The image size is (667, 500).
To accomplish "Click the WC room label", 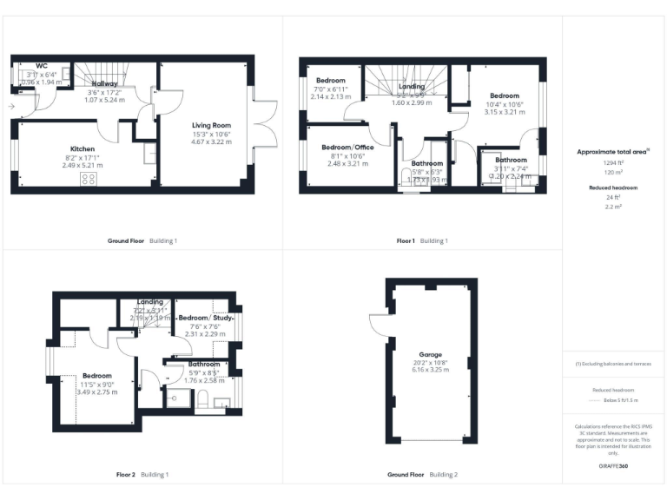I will click(x=41, y=65).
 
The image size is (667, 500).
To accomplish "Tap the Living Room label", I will click(x=211, y=126).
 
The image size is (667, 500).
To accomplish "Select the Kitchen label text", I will click(x=83, y=148).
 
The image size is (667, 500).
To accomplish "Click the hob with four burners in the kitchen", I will click(x=89, y=179).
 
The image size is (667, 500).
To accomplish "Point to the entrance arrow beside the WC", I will click(x=10, y=107).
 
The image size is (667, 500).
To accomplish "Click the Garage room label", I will click(x=431, y=355).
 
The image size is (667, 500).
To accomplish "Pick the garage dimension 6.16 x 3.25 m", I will click(x=431, y=371).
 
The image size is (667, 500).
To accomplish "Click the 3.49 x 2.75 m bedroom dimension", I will click(x=96, y=392).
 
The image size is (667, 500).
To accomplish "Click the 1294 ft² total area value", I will click(x=614, y=162).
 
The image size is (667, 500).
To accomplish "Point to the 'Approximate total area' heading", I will click(x=612, y=151).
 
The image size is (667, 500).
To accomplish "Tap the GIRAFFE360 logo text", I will click(x=614, y=467).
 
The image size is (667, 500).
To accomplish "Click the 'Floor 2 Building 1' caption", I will click(x=142, y=475).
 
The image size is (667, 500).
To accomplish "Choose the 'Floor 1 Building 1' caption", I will click(x=422, y=240).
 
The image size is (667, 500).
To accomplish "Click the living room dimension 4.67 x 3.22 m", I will click(x=211, y=141).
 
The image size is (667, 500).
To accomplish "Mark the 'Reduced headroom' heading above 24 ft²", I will click(x=614, y=187).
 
